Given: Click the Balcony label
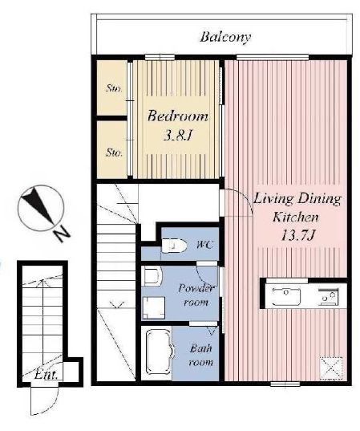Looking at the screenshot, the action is coord(225,38).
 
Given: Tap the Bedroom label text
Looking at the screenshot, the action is coord(178,116).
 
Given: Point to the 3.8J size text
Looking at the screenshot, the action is coord(177,135).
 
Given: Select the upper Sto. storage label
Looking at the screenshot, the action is coord(114,88).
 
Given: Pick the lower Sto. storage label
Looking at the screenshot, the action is coord(114,152).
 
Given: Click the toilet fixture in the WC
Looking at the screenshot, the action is coord(174,245).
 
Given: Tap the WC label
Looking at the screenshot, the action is coord(204,244).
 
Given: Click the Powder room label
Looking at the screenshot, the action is coord(196,295).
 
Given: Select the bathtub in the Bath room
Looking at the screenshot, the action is coord(157,352).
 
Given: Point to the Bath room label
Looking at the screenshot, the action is coord(201,355).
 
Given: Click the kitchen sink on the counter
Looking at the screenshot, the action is coord(285,296).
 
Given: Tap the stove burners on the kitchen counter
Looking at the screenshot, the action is coord(328,297).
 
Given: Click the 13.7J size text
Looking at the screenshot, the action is coord(297,235).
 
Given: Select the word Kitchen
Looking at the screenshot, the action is coord(296,218).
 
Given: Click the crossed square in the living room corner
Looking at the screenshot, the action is coord(331,368).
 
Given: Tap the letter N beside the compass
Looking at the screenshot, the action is coord(62,234).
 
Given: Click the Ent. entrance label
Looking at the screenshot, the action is coord(47,375).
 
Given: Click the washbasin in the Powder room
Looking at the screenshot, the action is coord(152,276).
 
